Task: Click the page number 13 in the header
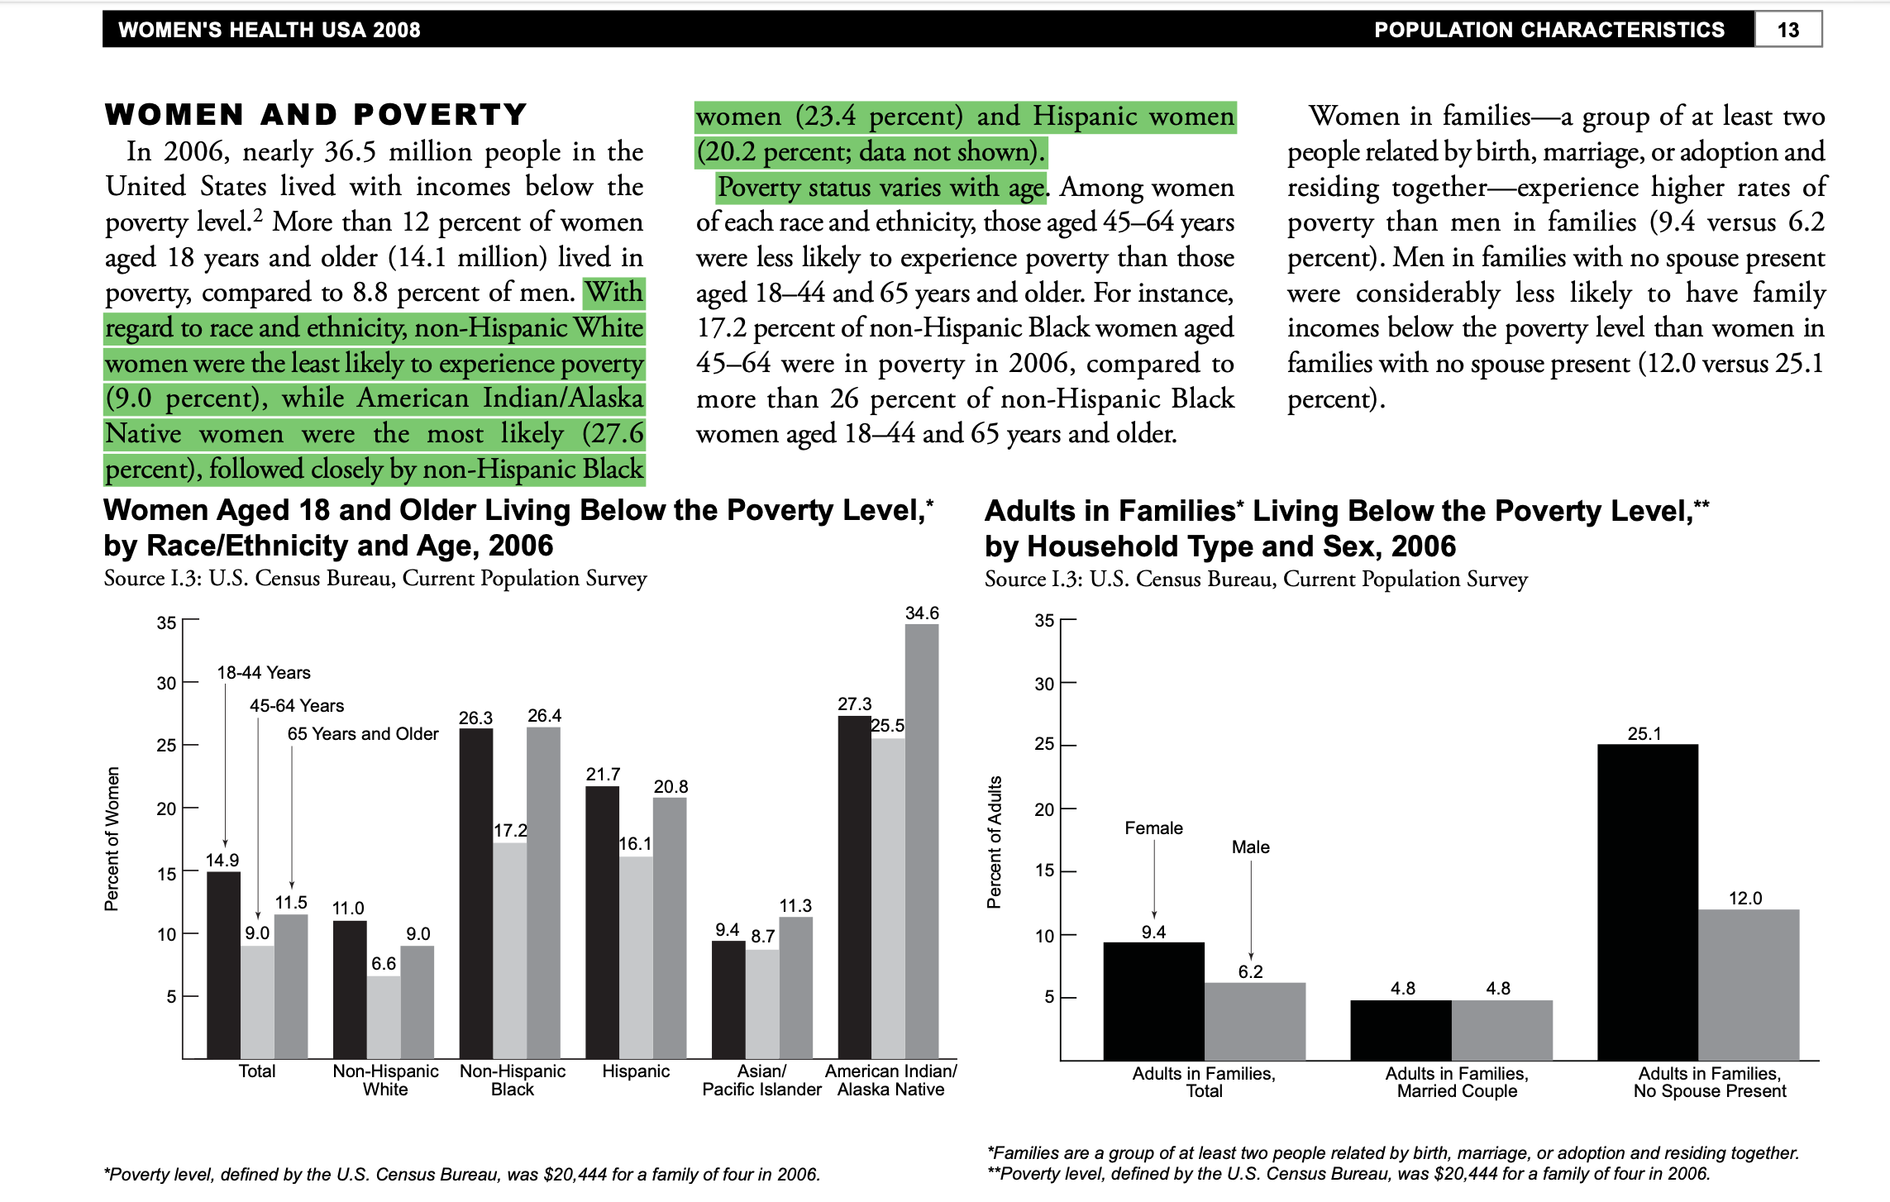pyautogui.click(x=1787, y=30)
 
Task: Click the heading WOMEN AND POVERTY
pyautogui.click(x=316, y=114)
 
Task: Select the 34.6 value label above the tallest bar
pyautogui.click(x=922, y=613)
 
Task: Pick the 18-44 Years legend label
pyautogui.click(x=264, y=673)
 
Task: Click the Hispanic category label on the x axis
pyautogui.click(x=636, y=1071)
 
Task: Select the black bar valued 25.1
pyautogui.click(x=1647, y=901)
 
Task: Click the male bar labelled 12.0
pyautogui.click(x=1749, y=984)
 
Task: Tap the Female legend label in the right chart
pyautogui.click(x=1153, y=828)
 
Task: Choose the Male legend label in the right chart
pyautogui.click(x=1250, y=847)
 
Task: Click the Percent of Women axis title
pyautogui.click(x=112, y=838)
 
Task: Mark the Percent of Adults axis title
pyautogui.click(x=995, y=842)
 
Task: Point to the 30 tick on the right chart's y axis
pyautogui.click(x=1044, y=684)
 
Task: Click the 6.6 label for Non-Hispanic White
pyautogui.click(x=384, y=964)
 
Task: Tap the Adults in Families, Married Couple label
pyautogui.click(x=1457, y=1082)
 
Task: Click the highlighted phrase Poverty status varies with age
pyautogui.click(x=881, y=188)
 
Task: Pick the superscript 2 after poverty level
pyautogui.click(x=258, y=216)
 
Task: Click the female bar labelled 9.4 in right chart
pyautogui.click(x=1153, y=1000)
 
